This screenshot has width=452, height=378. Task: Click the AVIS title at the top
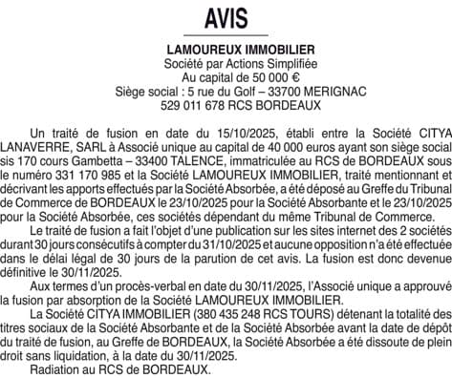[x=226, y=18]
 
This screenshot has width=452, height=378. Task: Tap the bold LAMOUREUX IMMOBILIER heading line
[x=226, y=48]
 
